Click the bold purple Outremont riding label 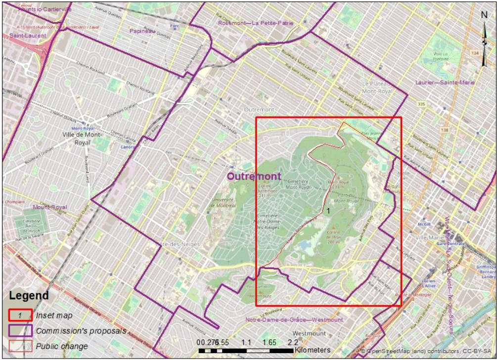[254, 177]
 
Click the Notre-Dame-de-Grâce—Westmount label [294, 320]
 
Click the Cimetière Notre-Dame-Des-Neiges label [268, 222]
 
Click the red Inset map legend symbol [20, 315]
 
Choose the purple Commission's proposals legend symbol [20, 330]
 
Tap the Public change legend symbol [20, 346]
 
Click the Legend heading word [29, 296]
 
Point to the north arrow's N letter [484, 15]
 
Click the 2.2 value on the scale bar [292, 342]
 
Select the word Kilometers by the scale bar [313, 351]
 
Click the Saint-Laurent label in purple [28, 36]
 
